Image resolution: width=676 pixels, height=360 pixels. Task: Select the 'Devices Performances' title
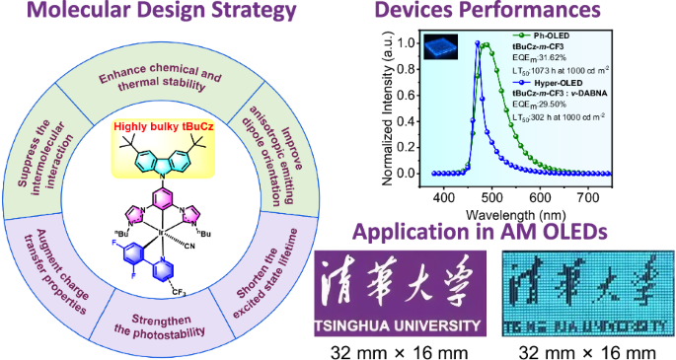click(503, 14)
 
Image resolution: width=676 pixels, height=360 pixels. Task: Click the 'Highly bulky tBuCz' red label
click(170, 127)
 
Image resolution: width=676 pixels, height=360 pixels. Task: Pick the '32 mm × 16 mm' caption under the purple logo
click(400, 349)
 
